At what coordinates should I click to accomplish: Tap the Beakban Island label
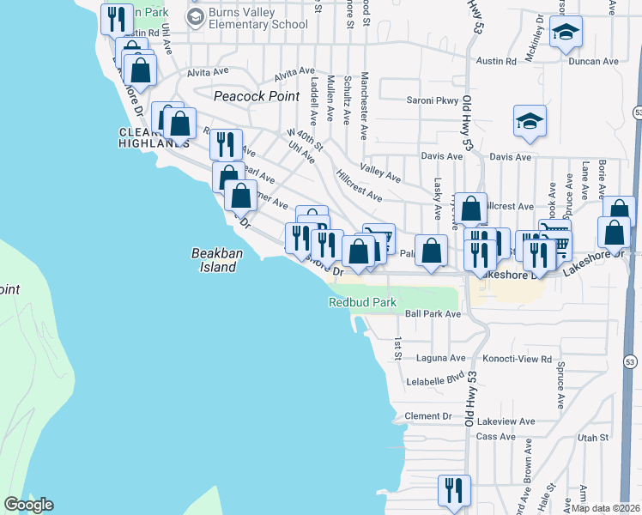(213, 259)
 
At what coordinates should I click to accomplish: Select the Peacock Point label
(256, 96)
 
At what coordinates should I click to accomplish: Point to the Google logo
(28, 505)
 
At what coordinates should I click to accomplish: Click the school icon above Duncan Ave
(566, 34)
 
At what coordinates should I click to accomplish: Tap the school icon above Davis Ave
(530, 124)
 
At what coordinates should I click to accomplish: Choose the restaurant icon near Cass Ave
(454, 491)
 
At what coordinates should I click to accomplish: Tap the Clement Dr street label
(428, 416)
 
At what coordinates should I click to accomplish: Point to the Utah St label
(592, 437)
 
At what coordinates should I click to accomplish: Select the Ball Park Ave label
(433, 314)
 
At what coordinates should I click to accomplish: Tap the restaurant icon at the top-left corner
(116, 19)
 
